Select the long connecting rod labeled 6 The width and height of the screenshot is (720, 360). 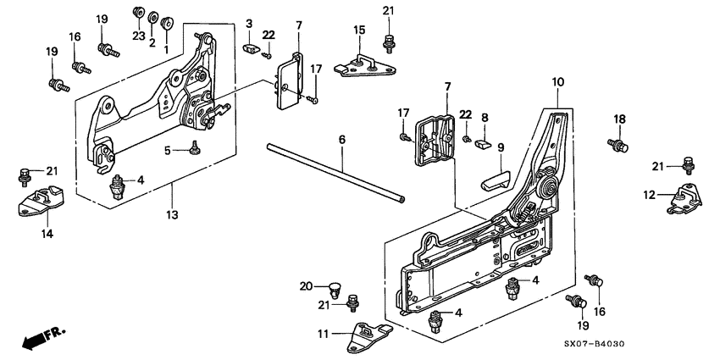(x=335, y=174)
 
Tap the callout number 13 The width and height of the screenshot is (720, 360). (x=172, y=216)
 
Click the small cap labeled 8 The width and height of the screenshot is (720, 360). (x=485, y=141)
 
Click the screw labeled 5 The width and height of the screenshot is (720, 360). (x=195, y=149)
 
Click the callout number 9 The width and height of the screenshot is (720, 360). (x=500, y=147)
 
